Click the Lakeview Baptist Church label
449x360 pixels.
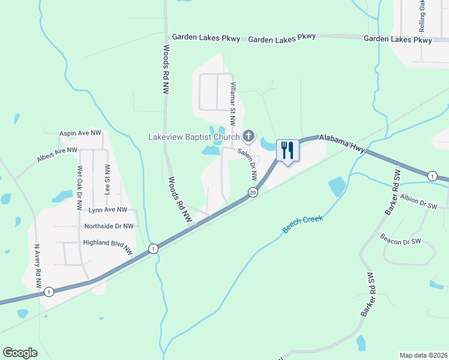[x=194, y=137]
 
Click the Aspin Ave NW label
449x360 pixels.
[x=80, y=133]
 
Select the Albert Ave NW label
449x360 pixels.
[x=57, y=154]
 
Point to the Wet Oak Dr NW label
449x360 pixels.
[x=79, y=188]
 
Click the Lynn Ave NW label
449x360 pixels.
[x=108, y=210]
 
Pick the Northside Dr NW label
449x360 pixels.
[x=109, y=226]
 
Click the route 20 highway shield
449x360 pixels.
[x=252, y=192]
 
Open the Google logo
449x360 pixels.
[x=20, y=353]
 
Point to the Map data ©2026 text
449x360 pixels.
[x=423, y=355]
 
